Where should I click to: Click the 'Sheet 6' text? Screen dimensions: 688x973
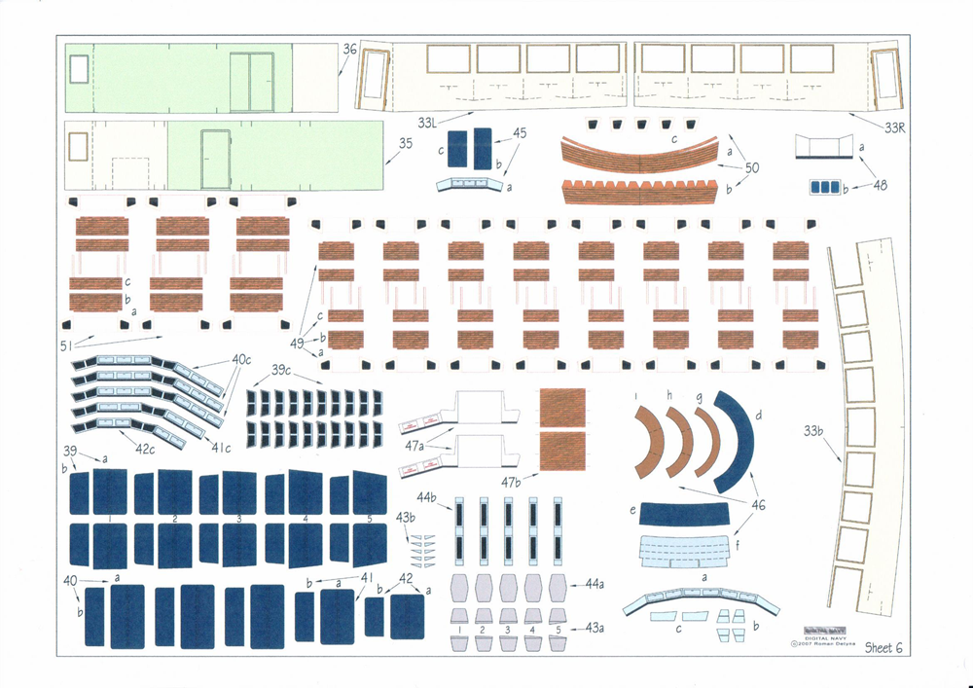tap(883, 647)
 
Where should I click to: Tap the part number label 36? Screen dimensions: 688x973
tap(350, 49)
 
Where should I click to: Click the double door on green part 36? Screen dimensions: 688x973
tap(251, 82)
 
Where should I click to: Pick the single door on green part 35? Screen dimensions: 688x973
tap(214, 160)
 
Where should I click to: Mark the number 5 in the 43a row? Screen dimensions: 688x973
tap(558, 631)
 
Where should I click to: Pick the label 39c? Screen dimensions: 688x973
tap(282, 371)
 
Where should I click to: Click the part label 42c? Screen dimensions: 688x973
tap(145, 449)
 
